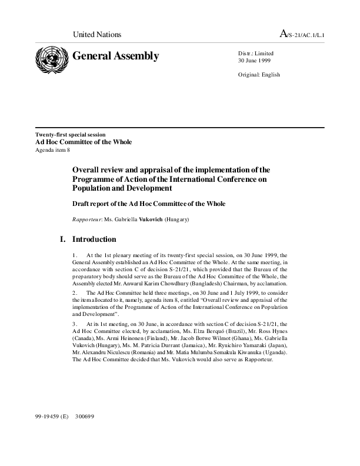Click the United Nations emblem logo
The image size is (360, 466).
(x=51, y=60)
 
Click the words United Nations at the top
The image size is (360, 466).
(x=96, y=35)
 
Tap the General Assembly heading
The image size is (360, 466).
(x=115, y=56)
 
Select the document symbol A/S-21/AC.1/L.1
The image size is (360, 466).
(x=302, y=35)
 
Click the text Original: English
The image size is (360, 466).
(x=259, y=75)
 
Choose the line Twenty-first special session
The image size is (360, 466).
(x=71, y=135)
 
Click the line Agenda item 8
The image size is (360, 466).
(x=53, y=150)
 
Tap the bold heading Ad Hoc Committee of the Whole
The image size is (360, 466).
(x=84, y=142)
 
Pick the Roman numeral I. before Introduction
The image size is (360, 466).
(x=63, y=239)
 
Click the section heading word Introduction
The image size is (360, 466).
(x=94, y=239)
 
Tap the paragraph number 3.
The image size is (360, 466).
(x=75, y=324)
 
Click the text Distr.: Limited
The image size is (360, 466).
(x=255, y=54)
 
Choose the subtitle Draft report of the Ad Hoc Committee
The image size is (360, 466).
(x=149, y=204)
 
